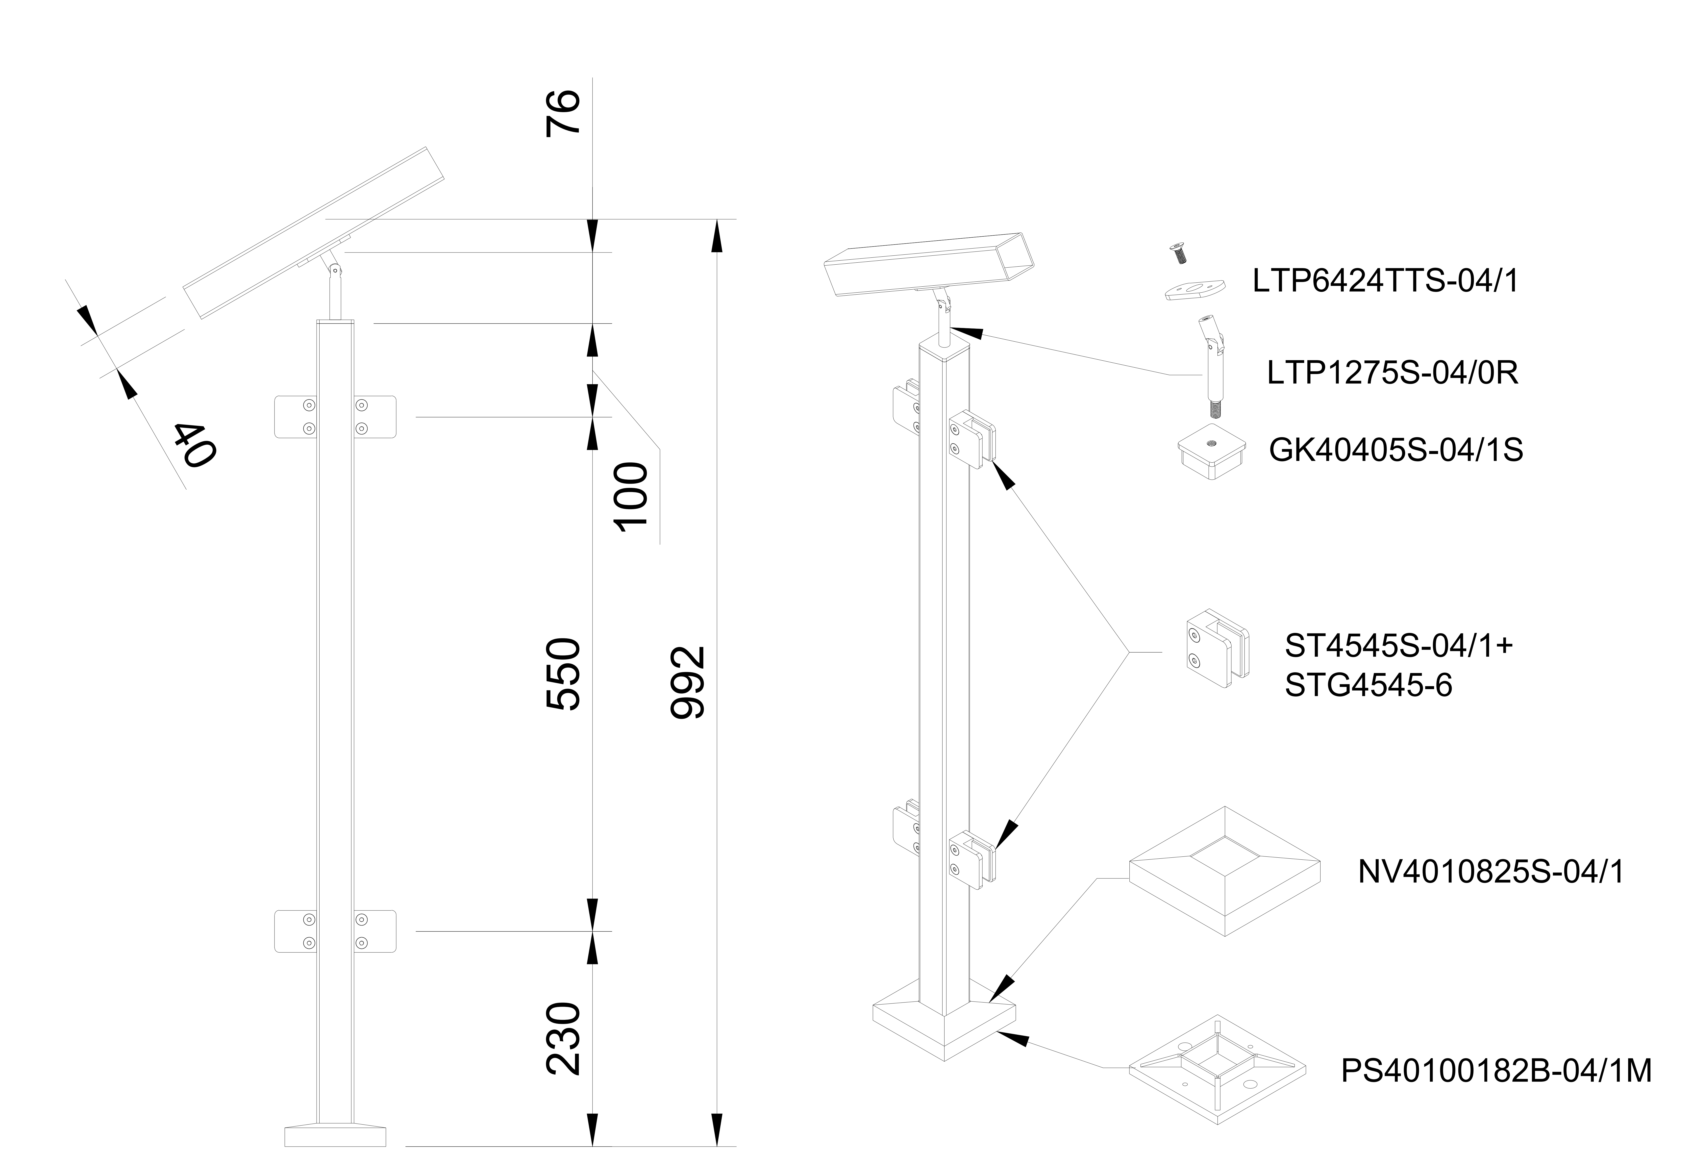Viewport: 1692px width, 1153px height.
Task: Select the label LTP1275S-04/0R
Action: click(x=1392, y=373)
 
